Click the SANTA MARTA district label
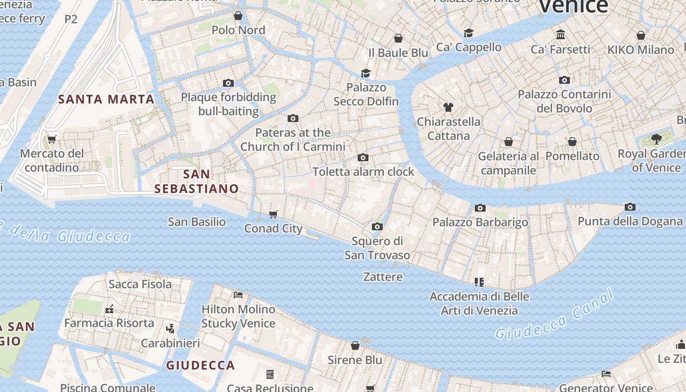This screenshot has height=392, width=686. click(x=106, y=99)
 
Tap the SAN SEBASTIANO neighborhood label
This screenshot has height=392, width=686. click(x=196, y=181)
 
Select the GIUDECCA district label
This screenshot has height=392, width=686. click(x=200, y=365)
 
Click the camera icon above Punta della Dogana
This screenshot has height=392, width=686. click(x=630, y=207)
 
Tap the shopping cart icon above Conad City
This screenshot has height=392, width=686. click(x=273, y=214)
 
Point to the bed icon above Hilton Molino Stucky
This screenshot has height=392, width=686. click(x=238, y=294)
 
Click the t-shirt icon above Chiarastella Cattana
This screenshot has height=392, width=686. click(x=448, y=107)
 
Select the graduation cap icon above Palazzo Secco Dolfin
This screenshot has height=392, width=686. click(x=366, y=73)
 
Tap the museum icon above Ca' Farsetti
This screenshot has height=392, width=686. click(x=561, y=35)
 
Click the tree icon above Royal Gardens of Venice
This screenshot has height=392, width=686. click(x=656, y=139)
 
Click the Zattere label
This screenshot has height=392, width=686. click(x=383, y=277)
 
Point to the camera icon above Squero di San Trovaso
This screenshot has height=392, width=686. click(x=377, y=226)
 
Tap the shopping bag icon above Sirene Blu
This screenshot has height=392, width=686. click(x=355, y=345)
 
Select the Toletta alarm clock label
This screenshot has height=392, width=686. click(x=363, y=172)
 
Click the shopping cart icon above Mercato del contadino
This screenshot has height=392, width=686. click(x=51, y=139)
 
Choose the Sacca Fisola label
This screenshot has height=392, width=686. click(x=140, y=284)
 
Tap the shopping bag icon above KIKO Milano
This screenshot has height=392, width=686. click(x=640, y=35)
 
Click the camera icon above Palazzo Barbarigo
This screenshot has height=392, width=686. click(x=480, y=208)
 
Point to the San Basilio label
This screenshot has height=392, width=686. click(x=196, y=222)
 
